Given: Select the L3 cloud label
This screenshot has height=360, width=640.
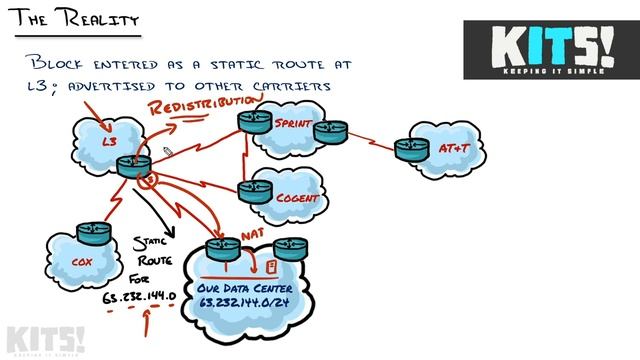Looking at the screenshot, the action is point(111,142).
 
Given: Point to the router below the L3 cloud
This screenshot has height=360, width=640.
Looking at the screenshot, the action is point(132,165).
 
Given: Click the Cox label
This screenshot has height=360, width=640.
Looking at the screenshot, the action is point(82,262).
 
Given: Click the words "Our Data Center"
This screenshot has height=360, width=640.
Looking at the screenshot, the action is point(238,286).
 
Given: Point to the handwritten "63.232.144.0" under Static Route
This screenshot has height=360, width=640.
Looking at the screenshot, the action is point(139,297).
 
